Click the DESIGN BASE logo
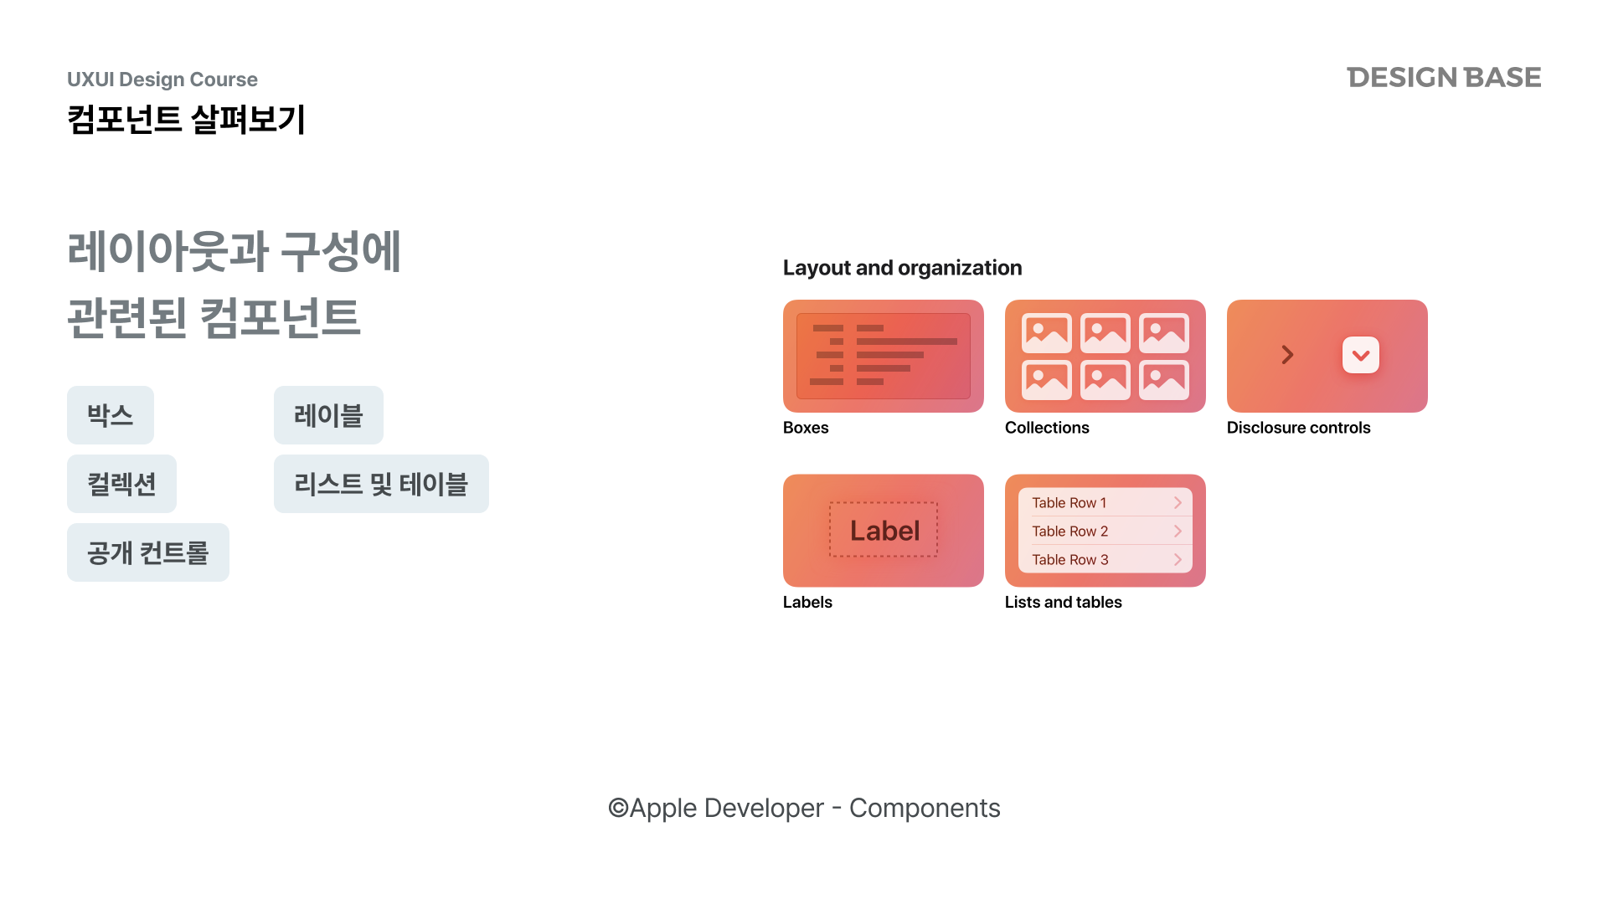(x=1444, y=77)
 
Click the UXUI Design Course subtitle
(x=162, y=80)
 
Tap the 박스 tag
(x=111, y=415)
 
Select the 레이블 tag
(x=328, y=415)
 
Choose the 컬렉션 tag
(x=121, y=484)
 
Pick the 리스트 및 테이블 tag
(x=381, y=484)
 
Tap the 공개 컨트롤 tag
(x=148, y=552)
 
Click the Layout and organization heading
(x=902, y=268)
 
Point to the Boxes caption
(x=806, y=428)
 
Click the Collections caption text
(x=1047, y=428)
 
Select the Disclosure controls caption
(x=1298, y=428)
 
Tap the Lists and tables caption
(x=1063, y=602)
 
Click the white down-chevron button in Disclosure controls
(x=1361, y=355)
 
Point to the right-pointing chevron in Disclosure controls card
(x=1287, y=355)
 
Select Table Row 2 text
(x=1069, y=532)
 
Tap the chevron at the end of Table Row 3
(x=1178, y=559)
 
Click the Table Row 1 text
(x=1069, y=503)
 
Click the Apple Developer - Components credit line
(x=804, y=808)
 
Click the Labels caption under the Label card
(x=807, y=602)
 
